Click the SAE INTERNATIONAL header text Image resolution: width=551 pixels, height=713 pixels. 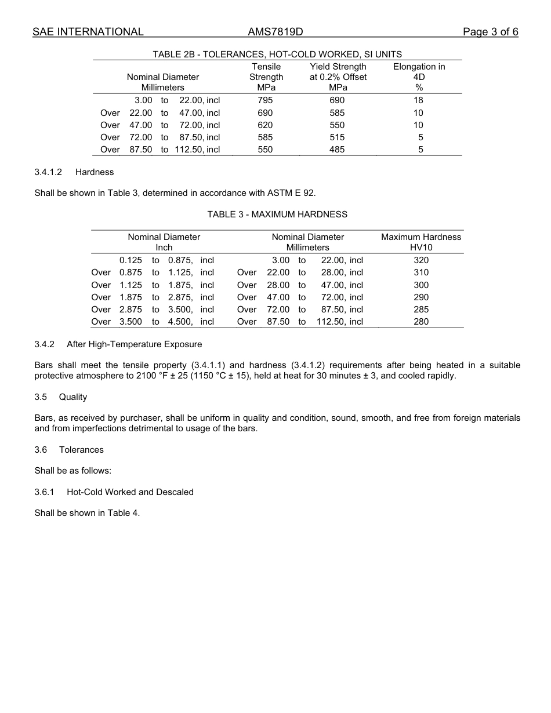[x=88, y=32]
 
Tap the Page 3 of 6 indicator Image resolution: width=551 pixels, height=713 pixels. [x=490, y=32]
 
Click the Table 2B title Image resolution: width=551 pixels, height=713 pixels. [x=277, y=54]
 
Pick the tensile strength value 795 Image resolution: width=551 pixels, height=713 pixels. [x=265, y=100]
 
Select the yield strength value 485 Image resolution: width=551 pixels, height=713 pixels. [x=337, y=150]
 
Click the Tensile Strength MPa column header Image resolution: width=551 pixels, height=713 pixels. [x=266, y=77]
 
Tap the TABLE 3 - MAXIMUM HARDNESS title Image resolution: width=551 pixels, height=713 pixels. [x=277, y=214]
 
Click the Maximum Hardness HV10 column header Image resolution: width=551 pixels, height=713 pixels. [x=421, y=242]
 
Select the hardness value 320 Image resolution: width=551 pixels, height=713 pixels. [x=421, y=260]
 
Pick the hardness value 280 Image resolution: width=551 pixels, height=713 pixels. [x=421, y=322]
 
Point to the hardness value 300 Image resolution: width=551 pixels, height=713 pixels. [x=421, y=285]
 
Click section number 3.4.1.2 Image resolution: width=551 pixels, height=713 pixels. [x=48, y=172]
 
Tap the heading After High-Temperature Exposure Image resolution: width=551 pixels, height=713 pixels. [x=134, y=344]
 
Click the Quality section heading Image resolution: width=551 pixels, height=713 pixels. [x=73, y=397]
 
